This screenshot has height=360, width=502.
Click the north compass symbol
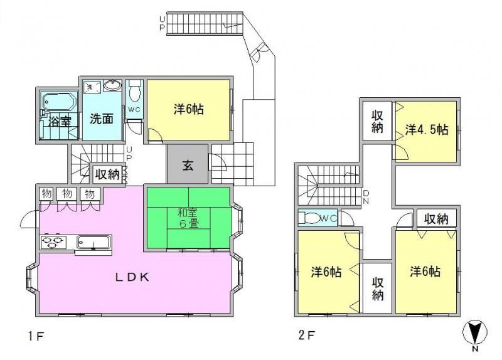[x=475, y=332]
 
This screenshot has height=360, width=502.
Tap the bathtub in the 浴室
[x=59, y=102]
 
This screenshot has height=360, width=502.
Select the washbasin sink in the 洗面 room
[x=112, y=85]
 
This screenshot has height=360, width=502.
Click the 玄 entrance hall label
[x=188, y=165]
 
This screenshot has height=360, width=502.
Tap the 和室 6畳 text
[x=188, y=218]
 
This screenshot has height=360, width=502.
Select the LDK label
[x=132, y=277]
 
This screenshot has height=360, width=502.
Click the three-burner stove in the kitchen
[x=53, y=242]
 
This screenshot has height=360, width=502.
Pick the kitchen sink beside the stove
[x=93, y=242]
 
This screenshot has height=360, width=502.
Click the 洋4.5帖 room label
[x=427, y=130]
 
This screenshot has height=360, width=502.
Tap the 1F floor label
[x=35, y=336]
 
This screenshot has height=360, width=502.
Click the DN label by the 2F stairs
[x=366, y=198]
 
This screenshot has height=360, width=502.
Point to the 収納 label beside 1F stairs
[x=107, y=174]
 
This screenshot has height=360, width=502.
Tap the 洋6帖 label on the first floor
[x=189, y=109]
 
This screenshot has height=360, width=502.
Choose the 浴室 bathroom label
[x=60, y=121]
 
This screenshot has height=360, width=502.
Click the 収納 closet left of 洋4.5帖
[x=378, y=121]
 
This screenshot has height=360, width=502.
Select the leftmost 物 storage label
[x=46, y=194]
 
